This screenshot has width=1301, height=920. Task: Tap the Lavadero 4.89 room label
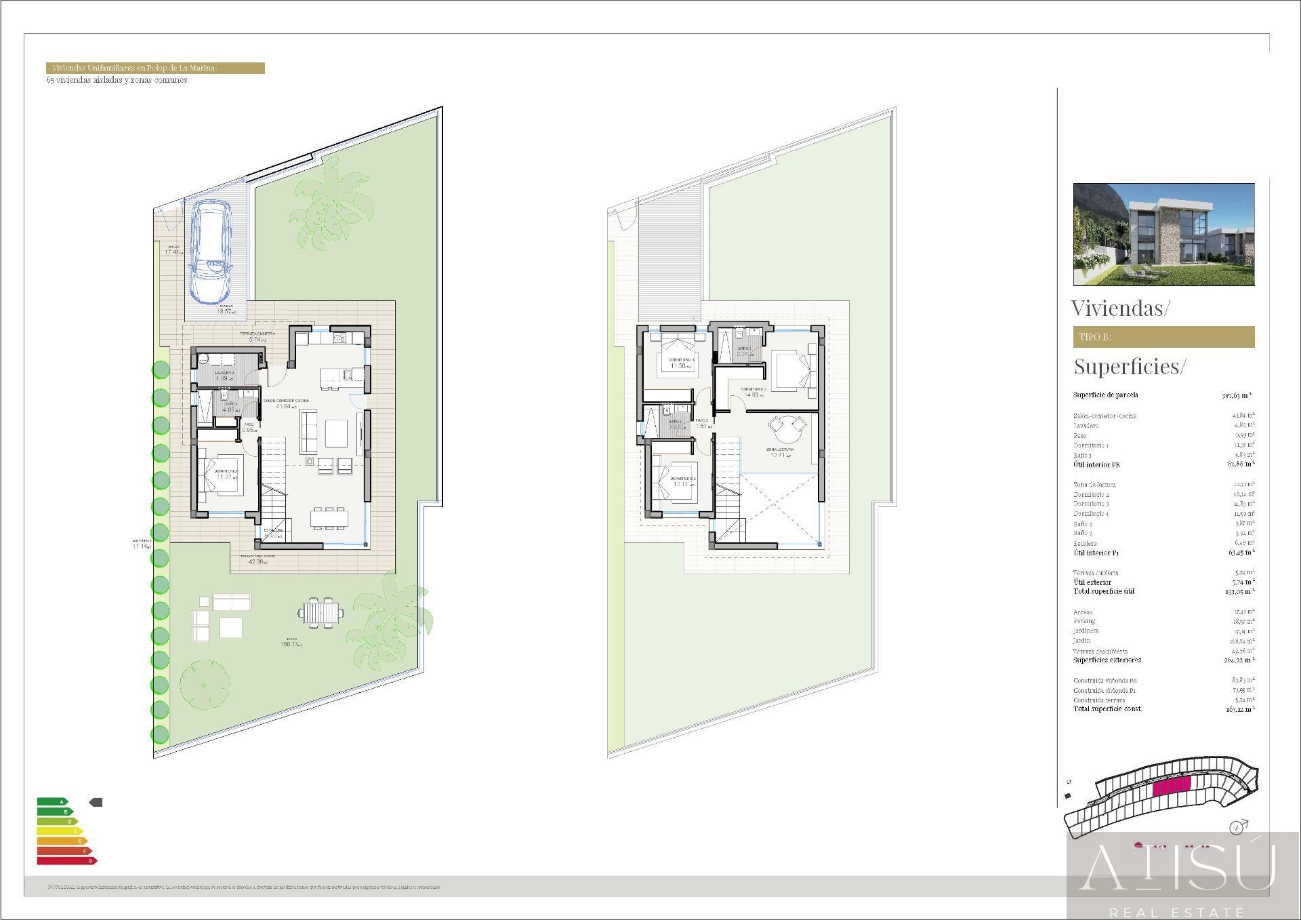click(x=225, y=376)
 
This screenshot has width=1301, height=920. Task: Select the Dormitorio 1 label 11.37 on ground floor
click(x=226, y=474)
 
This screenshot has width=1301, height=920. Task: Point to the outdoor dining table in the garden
click(x=321, y=613)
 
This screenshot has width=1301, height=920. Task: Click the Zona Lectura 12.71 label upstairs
click(x=781, y=452)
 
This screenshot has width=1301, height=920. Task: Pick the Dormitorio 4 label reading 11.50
click(x=680, y=363)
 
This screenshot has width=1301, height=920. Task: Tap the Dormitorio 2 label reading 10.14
click(x=682, y=481)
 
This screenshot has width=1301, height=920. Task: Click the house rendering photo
click(x=1163, y=234)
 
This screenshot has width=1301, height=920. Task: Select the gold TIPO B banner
click(x=1163, y=337)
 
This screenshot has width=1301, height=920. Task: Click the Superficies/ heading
click(x=1130, y=367)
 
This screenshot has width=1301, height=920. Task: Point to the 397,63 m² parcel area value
click(x=1237, y=395)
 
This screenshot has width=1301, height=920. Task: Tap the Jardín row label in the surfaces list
click(x=1082, y=641)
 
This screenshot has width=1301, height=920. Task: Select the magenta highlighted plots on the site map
click(x=1172, y=786)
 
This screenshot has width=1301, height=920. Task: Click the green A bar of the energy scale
click(x=52, y=802)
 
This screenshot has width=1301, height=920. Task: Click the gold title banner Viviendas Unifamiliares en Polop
click(x=155, y=68)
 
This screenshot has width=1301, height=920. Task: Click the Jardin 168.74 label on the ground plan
click(x=291, y=642)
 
